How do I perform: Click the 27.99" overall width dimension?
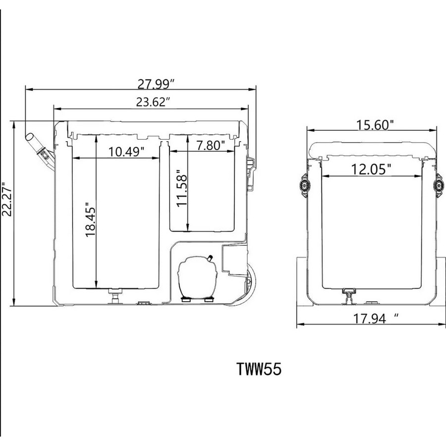[156, 84]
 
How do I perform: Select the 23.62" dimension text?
[154, 102]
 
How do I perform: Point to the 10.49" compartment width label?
[126, 152]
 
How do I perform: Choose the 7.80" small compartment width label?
[211, 145]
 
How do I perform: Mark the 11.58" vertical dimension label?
[182, 188]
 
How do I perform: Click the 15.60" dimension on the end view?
[375, 125]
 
